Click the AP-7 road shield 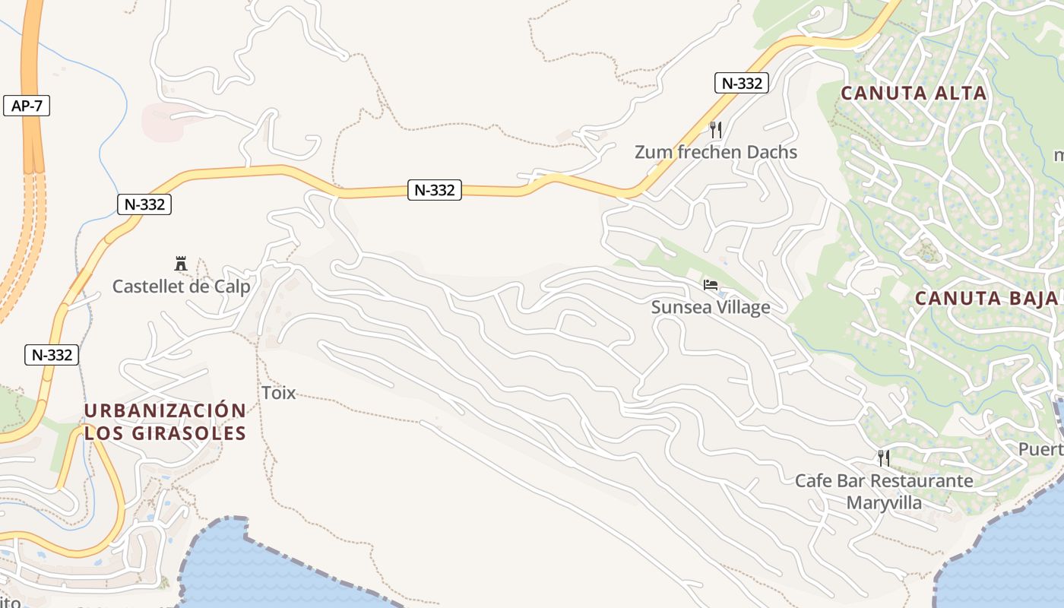[27, 106]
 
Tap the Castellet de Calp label [181, 287]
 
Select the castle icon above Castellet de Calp [181, 264]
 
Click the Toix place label [278, 393]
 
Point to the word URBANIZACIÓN [165, 411]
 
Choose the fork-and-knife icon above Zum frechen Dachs [714, 129]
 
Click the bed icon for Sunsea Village [711, 285]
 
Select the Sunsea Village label [711, 307]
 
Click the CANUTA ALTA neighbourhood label [914, 93]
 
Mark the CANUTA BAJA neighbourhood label [986, 298]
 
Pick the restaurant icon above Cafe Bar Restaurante [883, 458]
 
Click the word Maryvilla [884, 502]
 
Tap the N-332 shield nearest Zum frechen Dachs [741, 83]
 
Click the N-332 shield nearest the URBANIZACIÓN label [52, 355]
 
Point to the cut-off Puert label [1040, 449]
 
